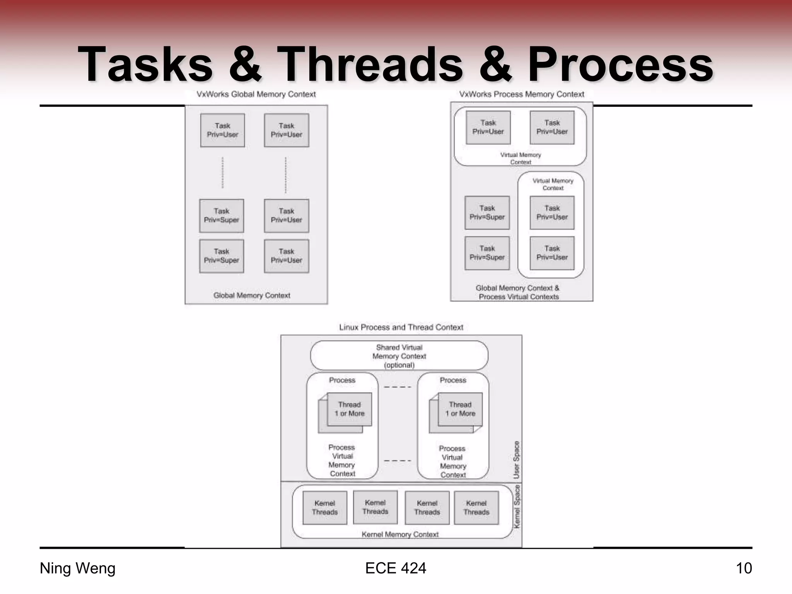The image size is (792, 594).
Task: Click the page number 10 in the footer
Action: tap(743, 568)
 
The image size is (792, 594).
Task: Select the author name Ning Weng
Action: tap(78, 568)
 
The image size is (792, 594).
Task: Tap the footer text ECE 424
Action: tap(395, 568)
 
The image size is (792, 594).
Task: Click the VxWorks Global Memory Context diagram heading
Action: tap(256, 94)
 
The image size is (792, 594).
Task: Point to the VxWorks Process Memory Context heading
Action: tap(521, 94)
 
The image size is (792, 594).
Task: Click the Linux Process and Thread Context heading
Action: tap(401, 328)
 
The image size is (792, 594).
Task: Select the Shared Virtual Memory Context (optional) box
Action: tap(399, 356)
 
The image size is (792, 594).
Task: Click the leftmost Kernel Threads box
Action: tap(324, 508)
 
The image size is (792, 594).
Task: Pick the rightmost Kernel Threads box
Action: tap(476, 508)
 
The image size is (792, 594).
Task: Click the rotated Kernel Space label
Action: tap(517, 507)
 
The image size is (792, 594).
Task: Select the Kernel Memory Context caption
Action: tap(400, 534)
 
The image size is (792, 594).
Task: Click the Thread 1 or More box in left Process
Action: tap(349, 409)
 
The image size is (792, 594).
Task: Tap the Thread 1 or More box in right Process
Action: tap(460, 409)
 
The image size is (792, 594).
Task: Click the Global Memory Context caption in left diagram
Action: tap(252, 295)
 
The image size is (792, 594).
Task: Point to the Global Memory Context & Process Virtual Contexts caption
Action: tap(518, 292)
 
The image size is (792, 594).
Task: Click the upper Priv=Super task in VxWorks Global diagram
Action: tap(222, 216)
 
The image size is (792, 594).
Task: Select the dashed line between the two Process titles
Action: tap(398, 387)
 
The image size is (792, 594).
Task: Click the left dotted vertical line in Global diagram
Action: tap(222, 172)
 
